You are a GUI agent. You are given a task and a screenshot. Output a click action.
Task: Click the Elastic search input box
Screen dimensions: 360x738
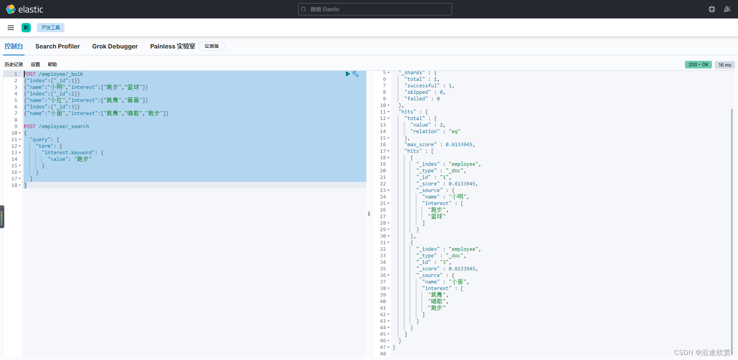pos(375,9)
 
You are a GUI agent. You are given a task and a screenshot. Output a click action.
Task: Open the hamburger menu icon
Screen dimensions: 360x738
pos(11,28)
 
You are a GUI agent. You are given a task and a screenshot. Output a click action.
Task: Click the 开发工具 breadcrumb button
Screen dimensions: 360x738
pos(51,28)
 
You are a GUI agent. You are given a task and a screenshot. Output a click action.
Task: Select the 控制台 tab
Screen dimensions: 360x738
pos(14,46)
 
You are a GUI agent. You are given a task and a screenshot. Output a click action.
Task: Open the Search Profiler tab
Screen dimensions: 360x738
pos(58,46)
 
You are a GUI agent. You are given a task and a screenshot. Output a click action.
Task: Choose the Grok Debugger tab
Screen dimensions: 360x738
pos(115,46)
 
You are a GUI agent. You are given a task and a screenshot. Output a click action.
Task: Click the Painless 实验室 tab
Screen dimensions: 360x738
pos(173,46)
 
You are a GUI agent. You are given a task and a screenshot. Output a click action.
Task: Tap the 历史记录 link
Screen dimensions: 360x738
pos(14,65)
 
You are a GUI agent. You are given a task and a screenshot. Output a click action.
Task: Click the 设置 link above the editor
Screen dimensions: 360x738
pos(35,65)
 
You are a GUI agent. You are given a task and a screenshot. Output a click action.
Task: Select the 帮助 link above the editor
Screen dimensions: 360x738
pos(52,65)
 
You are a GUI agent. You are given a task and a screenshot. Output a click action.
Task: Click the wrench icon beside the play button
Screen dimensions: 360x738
pos(356,74)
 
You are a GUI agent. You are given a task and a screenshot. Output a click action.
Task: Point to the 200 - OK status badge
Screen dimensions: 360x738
pos(698,65)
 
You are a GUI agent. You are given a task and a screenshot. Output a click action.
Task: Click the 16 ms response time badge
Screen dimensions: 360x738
pos(725,65)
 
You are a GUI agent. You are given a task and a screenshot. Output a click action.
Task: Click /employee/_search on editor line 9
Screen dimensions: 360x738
pos(64,127)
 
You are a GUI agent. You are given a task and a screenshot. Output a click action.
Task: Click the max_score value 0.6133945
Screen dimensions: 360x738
pos(459,145)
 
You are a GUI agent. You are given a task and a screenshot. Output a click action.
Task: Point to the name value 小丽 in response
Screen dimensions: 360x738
pos(457,282)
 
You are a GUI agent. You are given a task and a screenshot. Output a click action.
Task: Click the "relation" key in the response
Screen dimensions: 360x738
pos(425,132)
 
